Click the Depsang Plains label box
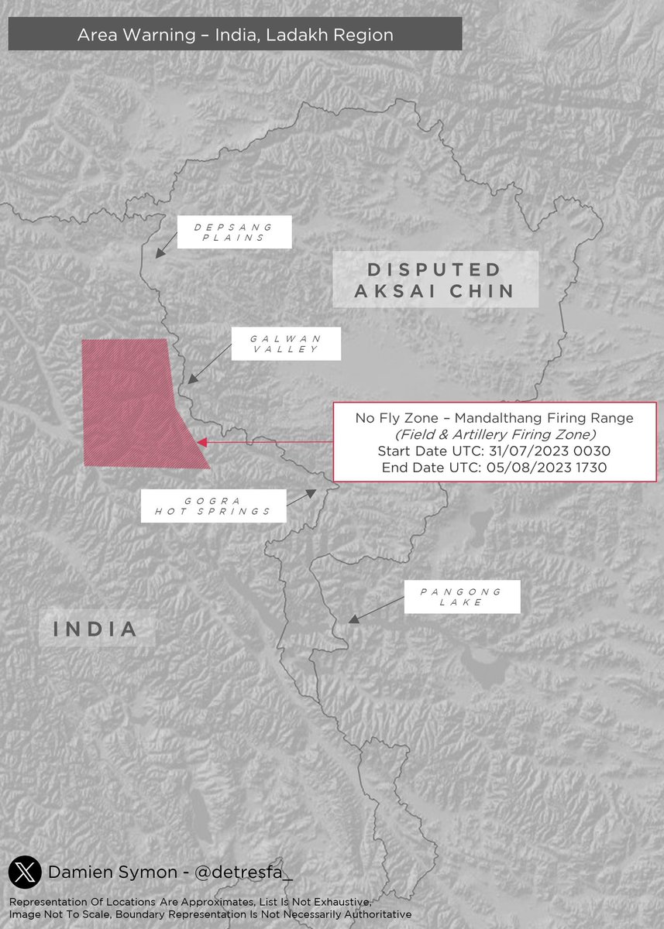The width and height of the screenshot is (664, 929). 234,232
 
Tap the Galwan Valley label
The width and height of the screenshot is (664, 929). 286,344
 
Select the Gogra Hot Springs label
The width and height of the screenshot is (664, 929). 213,506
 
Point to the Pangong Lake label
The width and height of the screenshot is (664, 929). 461,597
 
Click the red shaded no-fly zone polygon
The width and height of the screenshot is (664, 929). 132,403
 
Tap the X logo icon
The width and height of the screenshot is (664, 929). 24,872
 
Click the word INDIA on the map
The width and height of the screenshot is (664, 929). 96,629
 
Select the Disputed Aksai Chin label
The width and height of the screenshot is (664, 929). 435,280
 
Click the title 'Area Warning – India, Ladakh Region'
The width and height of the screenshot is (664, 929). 235,35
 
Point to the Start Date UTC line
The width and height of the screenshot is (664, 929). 494,451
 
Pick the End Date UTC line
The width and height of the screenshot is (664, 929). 494,468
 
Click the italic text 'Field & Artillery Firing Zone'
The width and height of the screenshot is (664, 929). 494,434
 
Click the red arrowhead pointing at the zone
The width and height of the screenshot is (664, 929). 201,442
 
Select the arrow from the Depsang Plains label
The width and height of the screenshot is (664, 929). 165,247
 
